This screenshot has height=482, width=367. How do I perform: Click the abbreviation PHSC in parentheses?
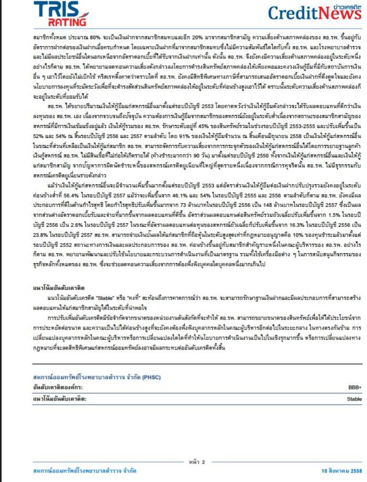151,377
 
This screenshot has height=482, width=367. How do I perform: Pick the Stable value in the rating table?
354,399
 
